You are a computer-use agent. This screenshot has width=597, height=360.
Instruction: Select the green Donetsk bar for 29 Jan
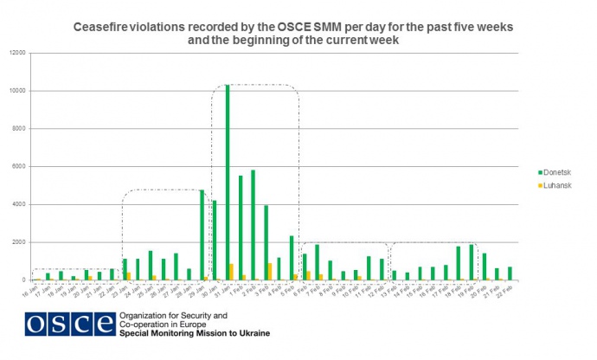(x=202, y=235)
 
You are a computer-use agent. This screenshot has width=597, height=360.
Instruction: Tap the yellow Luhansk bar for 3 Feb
(x=270, y=272)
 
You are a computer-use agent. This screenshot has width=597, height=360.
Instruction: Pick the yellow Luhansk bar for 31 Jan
(x=231, y=272)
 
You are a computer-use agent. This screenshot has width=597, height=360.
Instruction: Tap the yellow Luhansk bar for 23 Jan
(x=129, y=276)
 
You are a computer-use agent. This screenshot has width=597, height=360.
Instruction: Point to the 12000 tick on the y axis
(x=18, y=53)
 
